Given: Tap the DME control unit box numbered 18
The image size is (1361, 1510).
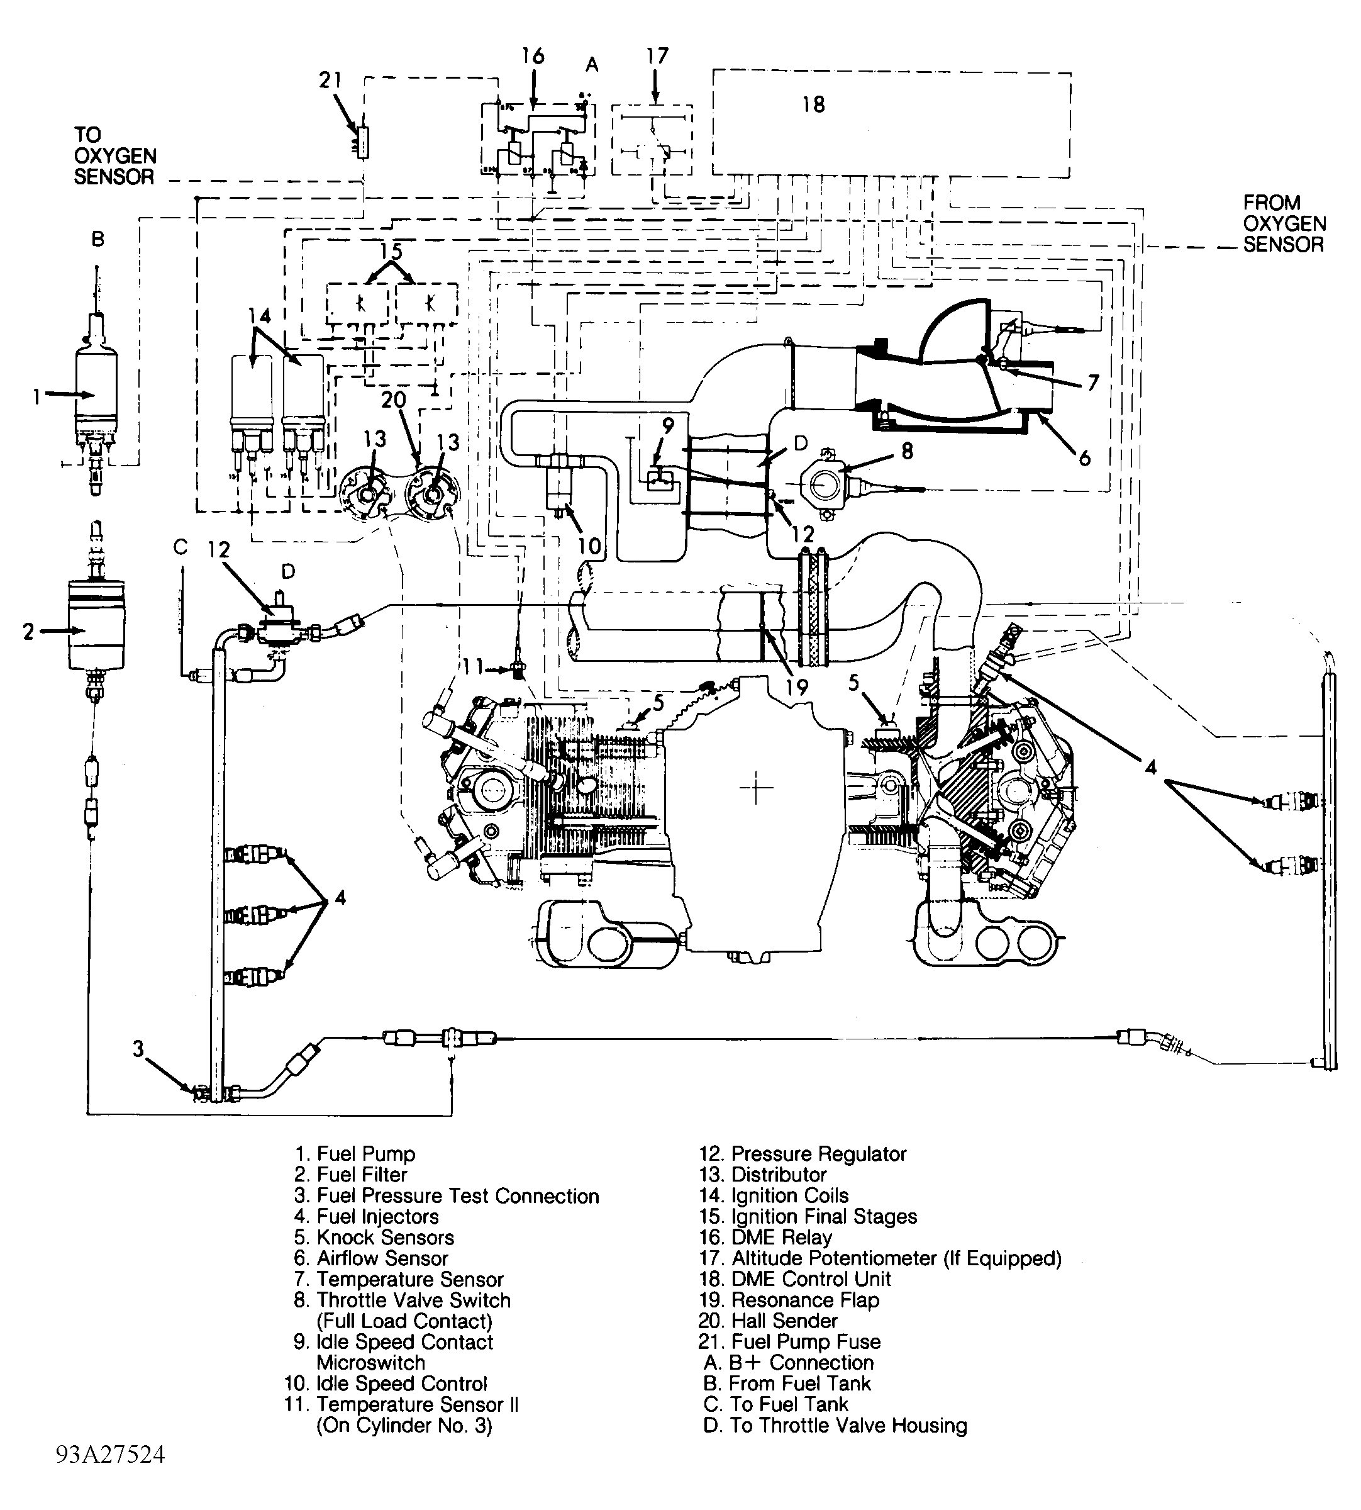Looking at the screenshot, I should [x=890, y=123].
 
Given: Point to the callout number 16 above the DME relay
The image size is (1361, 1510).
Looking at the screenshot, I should [x=533, y=56].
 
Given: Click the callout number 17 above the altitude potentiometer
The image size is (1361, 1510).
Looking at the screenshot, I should [x=657, y=56].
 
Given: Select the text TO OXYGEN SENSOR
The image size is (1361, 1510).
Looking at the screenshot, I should [x=114, y=155].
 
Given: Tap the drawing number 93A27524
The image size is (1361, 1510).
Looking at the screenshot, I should [x=110, y=1475].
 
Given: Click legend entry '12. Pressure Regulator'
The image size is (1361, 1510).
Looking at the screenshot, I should [x=803, y=1154].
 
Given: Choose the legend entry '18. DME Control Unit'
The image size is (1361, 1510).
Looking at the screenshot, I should [x=795, y=1280].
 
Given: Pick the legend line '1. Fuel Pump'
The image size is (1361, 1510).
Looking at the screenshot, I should [x=355, y=1154].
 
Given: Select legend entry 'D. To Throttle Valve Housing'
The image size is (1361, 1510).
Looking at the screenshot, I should [x=835, y=1426].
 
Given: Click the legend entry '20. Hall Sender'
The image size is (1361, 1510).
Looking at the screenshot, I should [x=768, y=1321].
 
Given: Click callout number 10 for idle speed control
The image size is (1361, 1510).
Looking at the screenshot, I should [x=589, y=546].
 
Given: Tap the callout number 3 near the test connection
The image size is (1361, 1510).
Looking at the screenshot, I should [x=138, y=1049].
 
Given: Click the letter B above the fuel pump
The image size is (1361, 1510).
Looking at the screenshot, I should [x=98, y=239].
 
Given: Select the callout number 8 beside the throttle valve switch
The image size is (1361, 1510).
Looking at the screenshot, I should [x=907, y=451].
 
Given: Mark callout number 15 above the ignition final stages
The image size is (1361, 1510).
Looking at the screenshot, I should [x=391, y=251].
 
